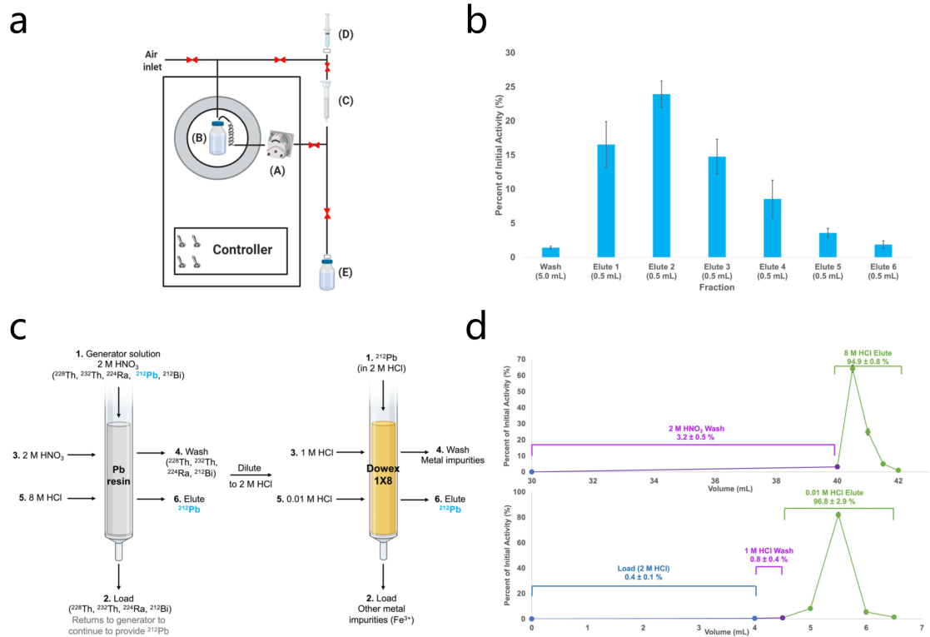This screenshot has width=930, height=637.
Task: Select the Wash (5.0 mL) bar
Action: pos(550,252)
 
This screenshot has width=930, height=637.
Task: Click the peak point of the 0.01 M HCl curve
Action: pos(838,515)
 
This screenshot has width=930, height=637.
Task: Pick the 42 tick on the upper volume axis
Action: pos(898,480)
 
